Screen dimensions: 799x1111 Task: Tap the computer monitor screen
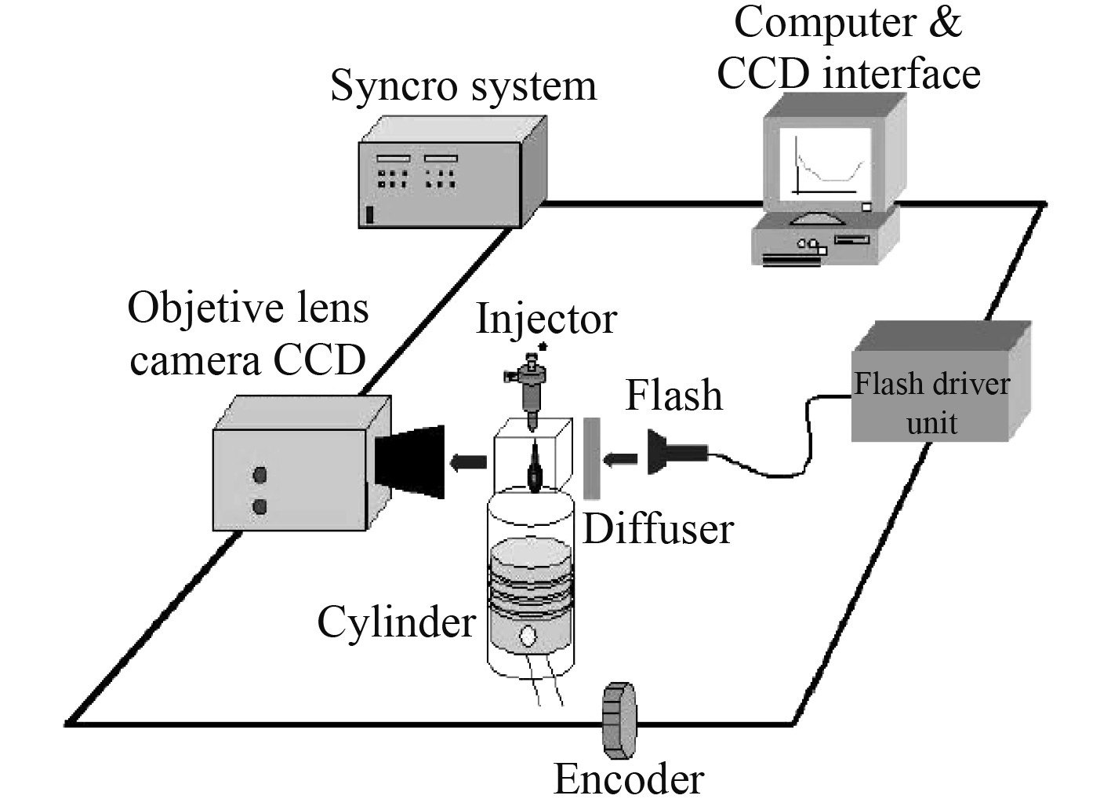click(825, 163)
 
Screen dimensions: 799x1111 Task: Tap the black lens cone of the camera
click(410, 462)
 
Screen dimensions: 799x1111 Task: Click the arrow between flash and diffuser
click(624, 458)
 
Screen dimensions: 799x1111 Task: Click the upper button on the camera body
click(260, 475)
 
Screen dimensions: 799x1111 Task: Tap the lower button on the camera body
click(260, 507)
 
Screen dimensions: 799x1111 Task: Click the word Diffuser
click(657, 529)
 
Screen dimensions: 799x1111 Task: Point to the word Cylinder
click(396, 622)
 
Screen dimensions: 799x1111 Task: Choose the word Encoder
click(629, 779)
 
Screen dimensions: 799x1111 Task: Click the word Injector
click(546, 319)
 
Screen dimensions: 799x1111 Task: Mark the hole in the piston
click(530, 635)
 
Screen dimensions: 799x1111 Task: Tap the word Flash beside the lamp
click(673, 395)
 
